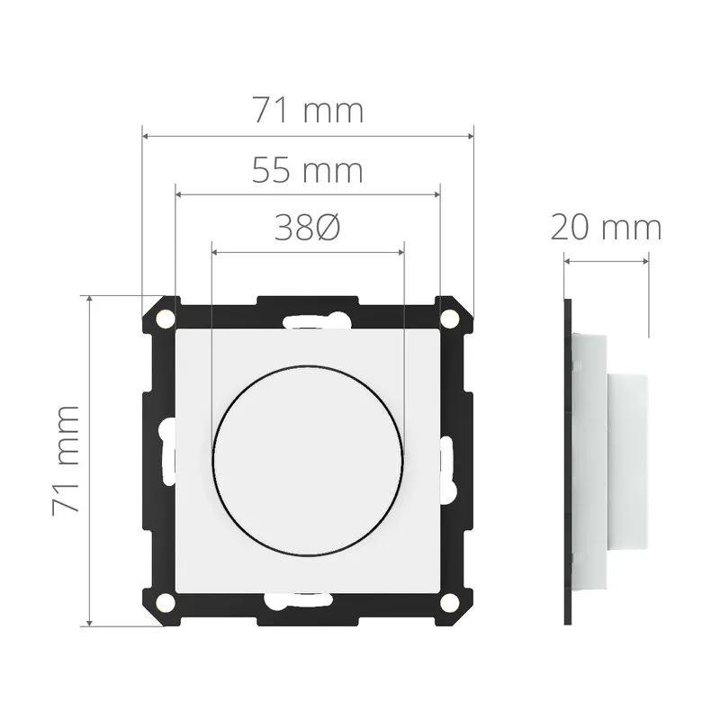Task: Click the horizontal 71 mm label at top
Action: (308, 110)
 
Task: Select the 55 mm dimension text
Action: (307, 170)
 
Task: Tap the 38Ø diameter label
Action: (307, 228)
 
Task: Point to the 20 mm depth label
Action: (606, 228)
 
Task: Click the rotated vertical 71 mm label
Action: (66, 461)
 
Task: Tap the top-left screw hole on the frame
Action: (166, 318)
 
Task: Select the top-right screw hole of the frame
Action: (449, 318)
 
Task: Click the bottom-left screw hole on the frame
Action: (166, 603)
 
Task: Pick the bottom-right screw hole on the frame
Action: (449, 603)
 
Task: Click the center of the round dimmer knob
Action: (308, 461)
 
